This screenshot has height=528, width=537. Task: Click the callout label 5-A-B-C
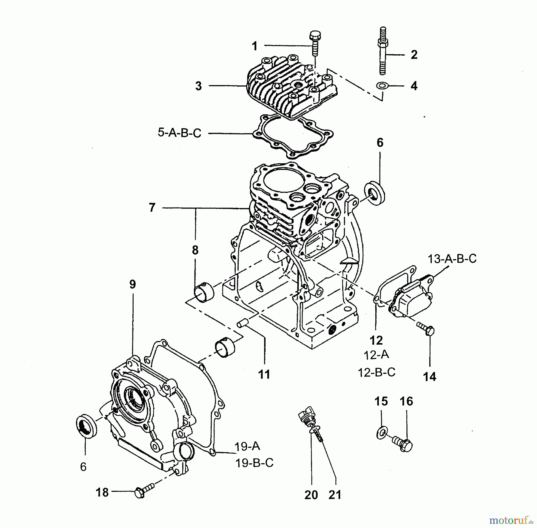click(179, 133)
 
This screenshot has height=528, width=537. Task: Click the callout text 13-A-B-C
click(452, 259)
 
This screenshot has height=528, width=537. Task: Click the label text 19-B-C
click(254, 463)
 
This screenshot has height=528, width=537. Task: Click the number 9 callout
click(132, 284)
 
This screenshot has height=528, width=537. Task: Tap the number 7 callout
click(152, 207)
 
